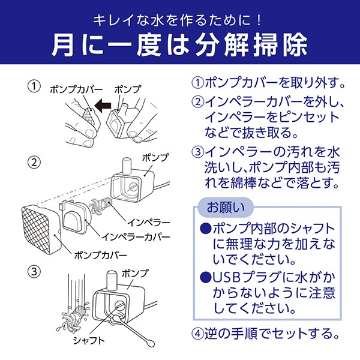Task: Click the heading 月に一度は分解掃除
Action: (179, 43)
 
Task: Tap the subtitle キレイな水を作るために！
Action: (179, 17)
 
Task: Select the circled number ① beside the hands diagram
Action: (34, 86)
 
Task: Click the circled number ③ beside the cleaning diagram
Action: (34, 271)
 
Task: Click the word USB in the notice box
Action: (228, 278)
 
